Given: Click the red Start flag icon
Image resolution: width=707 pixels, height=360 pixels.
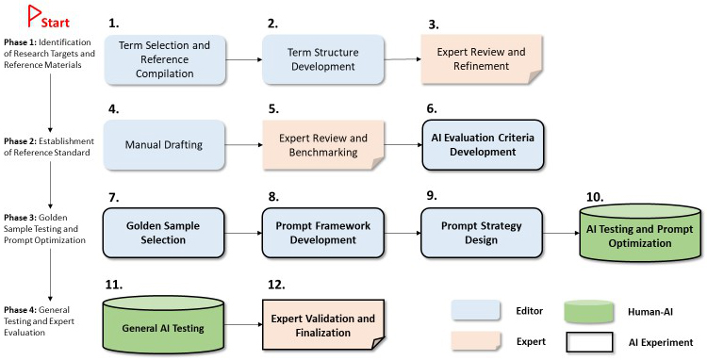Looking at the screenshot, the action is click(x=33, y=15).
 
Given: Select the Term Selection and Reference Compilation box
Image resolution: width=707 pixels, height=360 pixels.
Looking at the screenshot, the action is click(x=165, y=59).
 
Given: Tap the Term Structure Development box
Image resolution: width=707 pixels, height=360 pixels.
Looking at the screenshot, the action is click(x=322, y=59).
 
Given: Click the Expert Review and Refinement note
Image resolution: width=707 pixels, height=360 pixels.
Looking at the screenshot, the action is click(x=482, y=59).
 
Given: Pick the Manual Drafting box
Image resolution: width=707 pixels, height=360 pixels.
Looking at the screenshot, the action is click(x=164, y=144).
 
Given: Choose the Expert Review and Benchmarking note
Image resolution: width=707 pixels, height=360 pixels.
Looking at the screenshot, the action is click(x=323, y=144).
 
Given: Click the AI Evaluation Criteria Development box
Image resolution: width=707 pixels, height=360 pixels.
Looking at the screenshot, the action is click(x=483, y=144).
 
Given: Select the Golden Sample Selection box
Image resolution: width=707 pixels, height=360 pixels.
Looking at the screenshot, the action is click(x=163, y=233).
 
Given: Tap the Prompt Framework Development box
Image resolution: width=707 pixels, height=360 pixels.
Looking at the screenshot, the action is click(x=322, y=233).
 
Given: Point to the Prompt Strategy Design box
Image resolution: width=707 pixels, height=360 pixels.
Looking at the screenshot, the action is click(x=482, y=233).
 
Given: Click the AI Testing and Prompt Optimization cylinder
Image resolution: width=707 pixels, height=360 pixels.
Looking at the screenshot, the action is click(x=640, y=233).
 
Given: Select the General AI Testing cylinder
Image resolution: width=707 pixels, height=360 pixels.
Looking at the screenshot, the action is click(x=163, y=324).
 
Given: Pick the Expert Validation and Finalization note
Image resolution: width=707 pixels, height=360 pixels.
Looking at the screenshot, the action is click(x=322, y=325).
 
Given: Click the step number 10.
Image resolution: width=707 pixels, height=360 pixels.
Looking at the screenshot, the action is click(x=595, y=197).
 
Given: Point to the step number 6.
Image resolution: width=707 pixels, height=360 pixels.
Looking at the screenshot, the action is click(x=432, y=108).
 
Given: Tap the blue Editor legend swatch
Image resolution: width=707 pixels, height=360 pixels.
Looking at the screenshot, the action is click(x=476, y=310).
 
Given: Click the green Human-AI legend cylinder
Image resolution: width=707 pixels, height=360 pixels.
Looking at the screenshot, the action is click(x=588, y=311).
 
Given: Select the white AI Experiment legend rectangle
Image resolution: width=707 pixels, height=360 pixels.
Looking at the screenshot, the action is click(x=589, y=342).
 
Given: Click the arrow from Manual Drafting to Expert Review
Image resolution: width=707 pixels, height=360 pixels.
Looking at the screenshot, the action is click(x=243, y=144).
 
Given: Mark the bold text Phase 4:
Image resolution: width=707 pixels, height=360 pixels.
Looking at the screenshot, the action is click(x=21, y=310).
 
